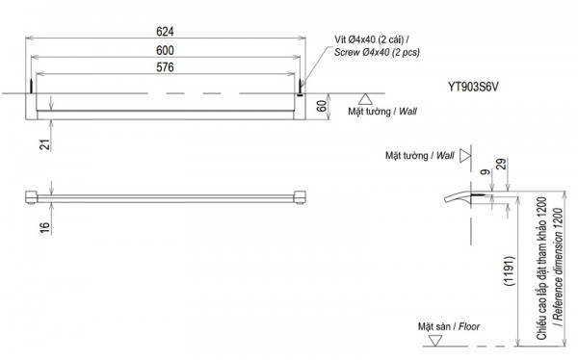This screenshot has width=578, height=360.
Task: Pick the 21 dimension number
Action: coord(44,144)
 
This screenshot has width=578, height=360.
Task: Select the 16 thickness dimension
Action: coord(44,227)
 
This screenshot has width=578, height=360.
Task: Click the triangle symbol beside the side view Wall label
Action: coord(465,154)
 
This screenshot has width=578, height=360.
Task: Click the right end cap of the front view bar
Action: coord(300,197)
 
